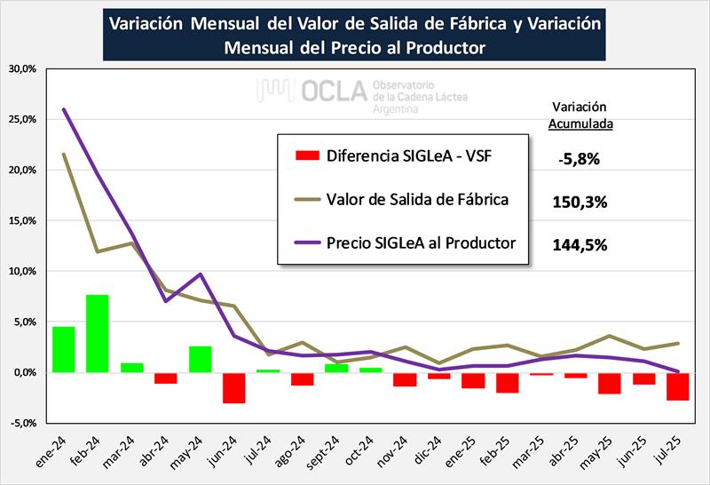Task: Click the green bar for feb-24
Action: point(97,333)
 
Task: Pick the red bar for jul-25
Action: point(678,386)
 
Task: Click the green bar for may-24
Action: point(200,359)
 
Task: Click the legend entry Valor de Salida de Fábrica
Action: point(417,200)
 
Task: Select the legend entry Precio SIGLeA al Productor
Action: point(421,242)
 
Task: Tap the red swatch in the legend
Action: point(305,157)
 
